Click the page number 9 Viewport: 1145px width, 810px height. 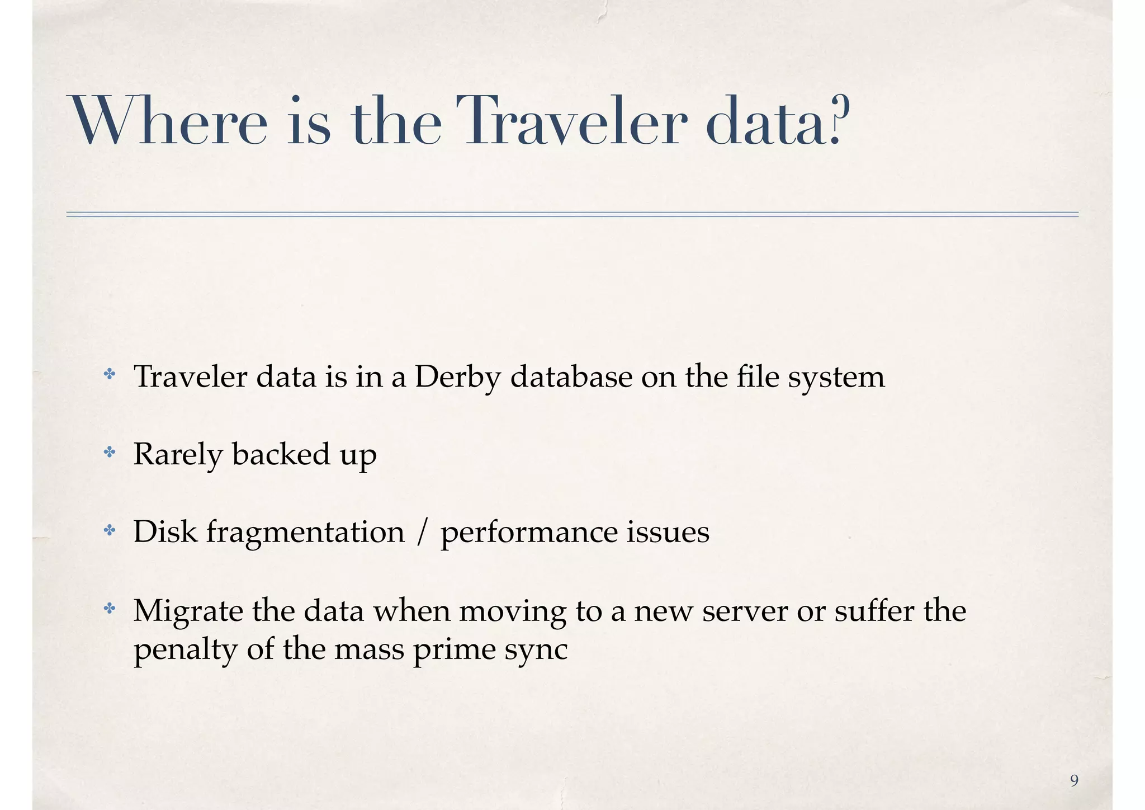coord(1074,780)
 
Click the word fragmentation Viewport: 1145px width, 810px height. coord(305,533)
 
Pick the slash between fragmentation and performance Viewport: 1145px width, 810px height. coord(422,532)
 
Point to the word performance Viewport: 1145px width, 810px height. coord(528,533)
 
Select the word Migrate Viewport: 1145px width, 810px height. coord(188,611)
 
